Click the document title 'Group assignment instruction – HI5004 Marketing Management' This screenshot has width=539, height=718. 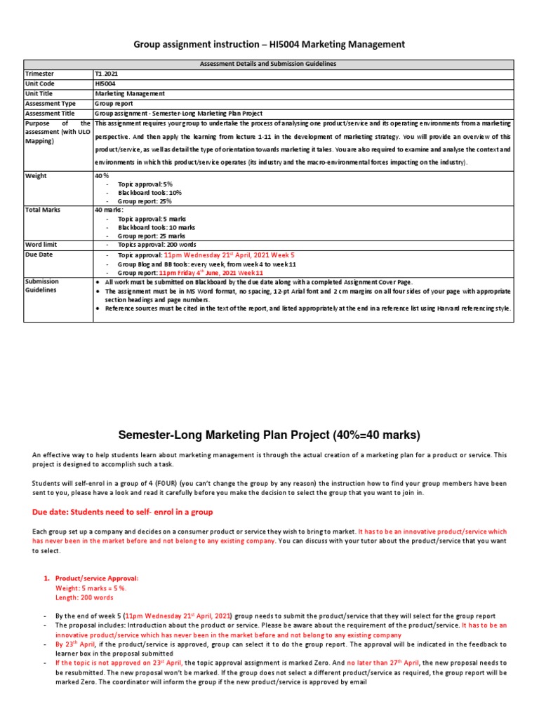click(x=269, y=44)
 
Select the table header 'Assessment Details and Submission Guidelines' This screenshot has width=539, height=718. click(x=269, y=64)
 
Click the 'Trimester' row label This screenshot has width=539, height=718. click(x=39, y=74)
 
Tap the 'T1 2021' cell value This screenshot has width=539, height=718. click(x=107, y=74)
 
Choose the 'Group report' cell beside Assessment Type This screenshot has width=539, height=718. click(x=114, y=102)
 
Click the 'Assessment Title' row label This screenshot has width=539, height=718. click(x=49, y=112)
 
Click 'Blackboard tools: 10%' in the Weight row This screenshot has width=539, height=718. click(x=149, y=192)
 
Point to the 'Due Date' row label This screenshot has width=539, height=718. click(x=39, y=255)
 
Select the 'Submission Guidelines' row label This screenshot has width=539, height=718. click(x=42, y=286)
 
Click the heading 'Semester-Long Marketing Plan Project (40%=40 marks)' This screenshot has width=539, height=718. click(x=269, y=435)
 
